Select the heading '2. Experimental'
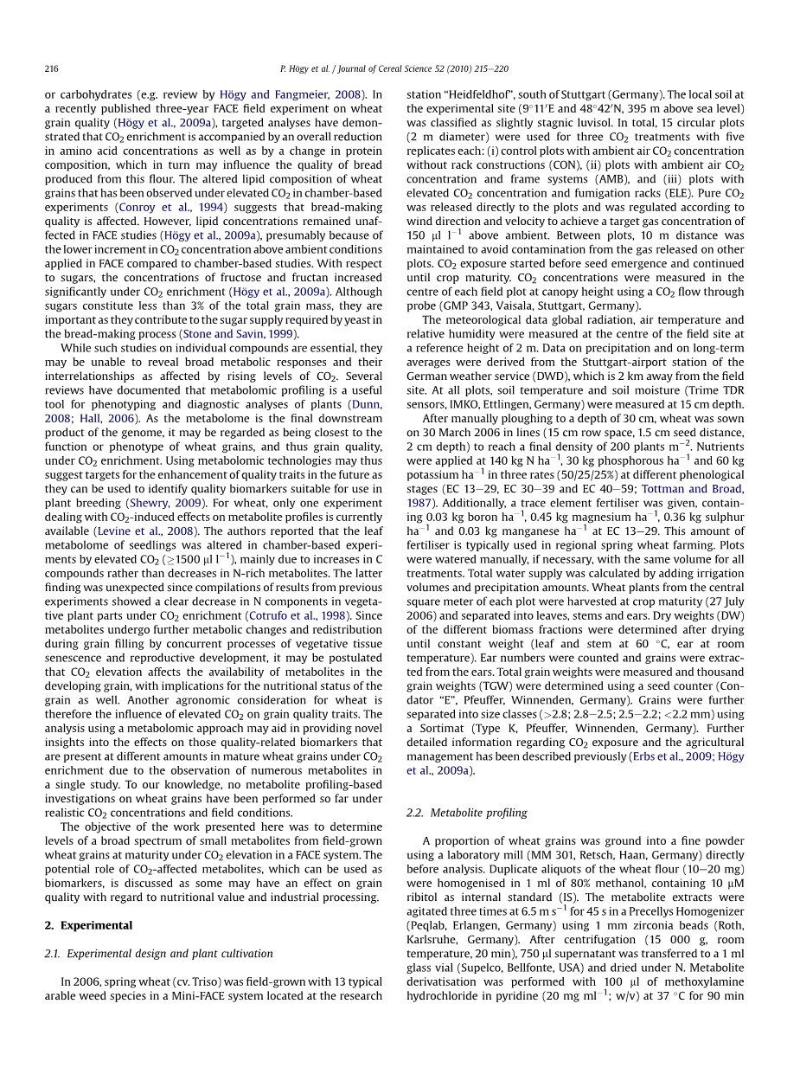(88, 925)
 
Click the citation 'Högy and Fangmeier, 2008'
(291, 94)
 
